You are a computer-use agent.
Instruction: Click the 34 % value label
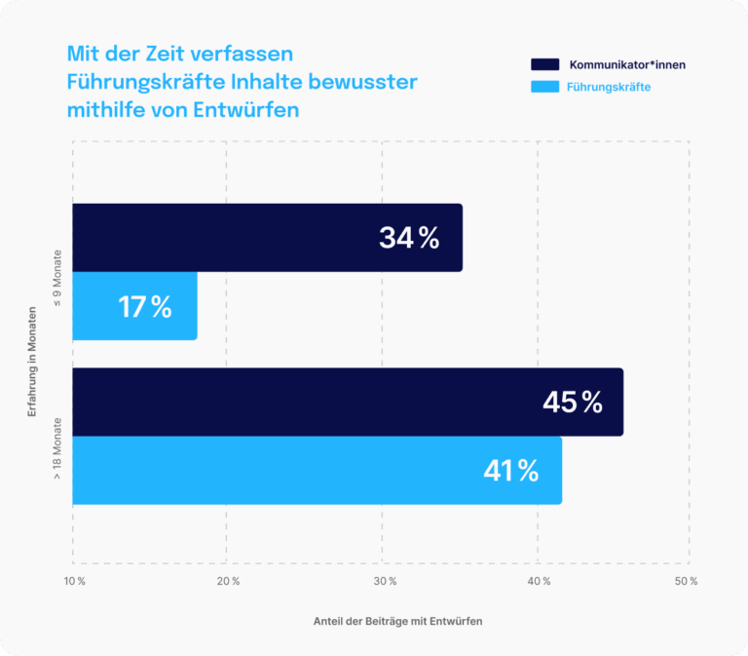pyautogui.click(x=409, y=238)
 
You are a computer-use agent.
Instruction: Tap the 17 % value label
pyautogui.click(x=144, y=307)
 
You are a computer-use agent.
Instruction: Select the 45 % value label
pyautogui.click(x=572, y=402)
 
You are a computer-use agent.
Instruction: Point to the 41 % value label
pyautogui.click(x=511, y=471)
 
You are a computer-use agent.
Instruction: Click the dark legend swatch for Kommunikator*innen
pyautogui.click(x=544, y=64)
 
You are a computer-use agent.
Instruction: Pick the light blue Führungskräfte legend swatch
pyautogui.click(x=544, y=88)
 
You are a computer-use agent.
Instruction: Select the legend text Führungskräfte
pyautogui.click(x=609, y=88)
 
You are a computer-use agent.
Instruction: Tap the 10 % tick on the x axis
pyautogui.click(x=75, y=581)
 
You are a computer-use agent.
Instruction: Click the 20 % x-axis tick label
pyautogui.click(x=228, y=581)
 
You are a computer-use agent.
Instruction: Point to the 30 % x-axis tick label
pyautogui.click(x=385, y=581)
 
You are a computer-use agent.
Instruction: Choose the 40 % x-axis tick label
pyautogui.click(x=539, y=581)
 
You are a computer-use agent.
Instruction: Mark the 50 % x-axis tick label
pyautogui.click(x=686, y=581)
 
